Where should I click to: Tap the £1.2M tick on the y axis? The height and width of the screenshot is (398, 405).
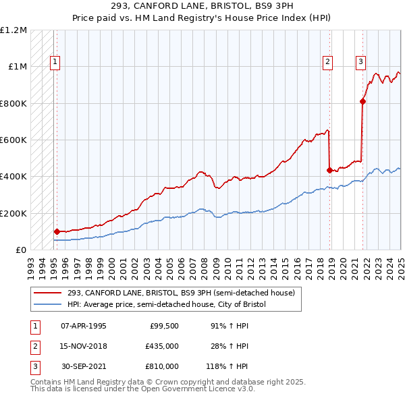[x=13, y=30]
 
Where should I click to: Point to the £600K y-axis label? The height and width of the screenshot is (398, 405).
[x=13, y=140]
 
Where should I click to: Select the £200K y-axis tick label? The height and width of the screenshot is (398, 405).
[x=13, y=213]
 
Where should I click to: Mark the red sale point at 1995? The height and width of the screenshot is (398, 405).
[x=57, y=231]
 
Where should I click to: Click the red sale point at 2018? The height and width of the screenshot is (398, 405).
[x=330, y=170]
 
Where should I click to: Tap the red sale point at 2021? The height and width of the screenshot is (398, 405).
[x=362, y=102]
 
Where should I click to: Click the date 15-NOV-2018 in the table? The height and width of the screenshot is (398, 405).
[x=84, y=346]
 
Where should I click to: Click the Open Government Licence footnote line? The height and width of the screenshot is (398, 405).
[x=142, y=389]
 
